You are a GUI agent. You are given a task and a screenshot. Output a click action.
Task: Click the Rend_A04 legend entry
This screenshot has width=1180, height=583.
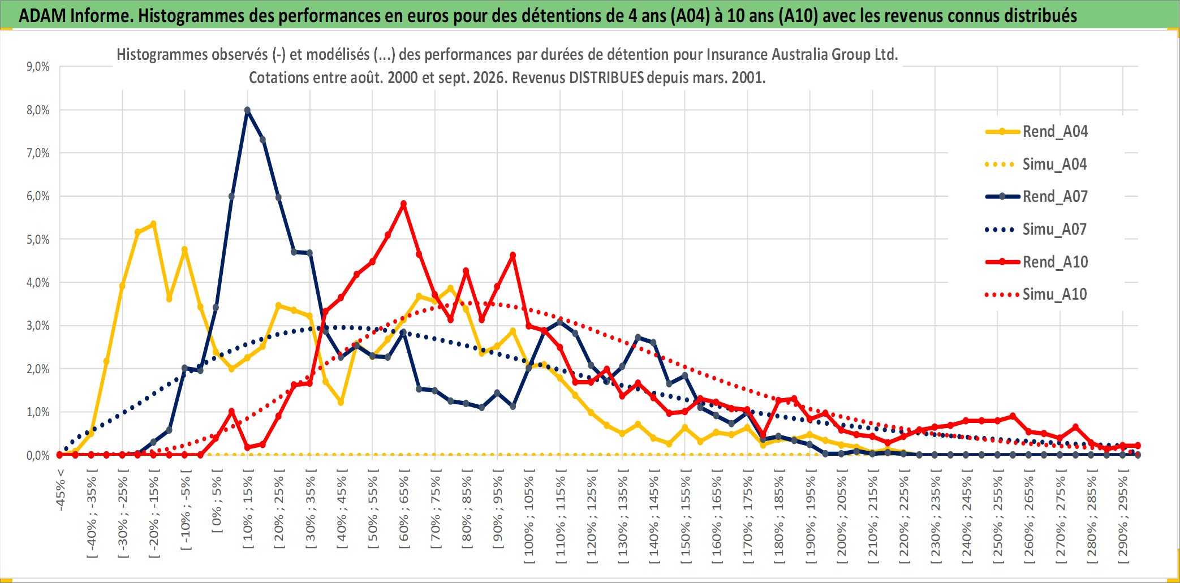point(1036,132)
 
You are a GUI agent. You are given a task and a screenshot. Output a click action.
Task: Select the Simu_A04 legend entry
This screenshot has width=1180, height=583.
point(1036,165)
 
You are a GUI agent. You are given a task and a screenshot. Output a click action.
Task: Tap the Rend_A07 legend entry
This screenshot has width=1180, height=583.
point(1036,197)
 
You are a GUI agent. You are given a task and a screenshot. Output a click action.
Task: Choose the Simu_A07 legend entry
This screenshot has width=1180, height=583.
point(1036,230)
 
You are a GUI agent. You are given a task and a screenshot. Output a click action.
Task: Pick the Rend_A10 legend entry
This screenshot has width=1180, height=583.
point(1036,262)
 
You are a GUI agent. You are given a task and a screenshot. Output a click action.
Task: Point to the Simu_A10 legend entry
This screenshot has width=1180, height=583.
point(1036,295)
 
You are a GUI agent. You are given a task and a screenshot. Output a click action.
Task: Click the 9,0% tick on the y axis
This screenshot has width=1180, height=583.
point(38,67)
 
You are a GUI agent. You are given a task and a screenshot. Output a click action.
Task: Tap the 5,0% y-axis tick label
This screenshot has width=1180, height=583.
point(38,240)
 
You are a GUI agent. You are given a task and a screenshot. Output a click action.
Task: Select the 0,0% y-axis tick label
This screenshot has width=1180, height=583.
point(38,456)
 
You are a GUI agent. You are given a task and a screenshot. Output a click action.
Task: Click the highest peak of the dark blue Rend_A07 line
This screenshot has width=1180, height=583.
point(247,110)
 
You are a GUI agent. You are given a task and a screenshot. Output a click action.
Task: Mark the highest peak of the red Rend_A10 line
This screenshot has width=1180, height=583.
point(403,204)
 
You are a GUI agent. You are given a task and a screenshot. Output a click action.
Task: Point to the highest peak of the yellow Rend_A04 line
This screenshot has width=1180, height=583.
point(153,224)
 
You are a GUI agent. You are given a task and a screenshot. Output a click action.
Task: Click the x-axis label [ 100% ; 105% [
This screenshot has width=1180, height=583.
point(529,520)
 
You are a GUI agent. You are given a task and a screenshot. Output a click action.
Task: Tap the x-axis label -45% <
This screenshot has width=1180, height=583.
point(61,490)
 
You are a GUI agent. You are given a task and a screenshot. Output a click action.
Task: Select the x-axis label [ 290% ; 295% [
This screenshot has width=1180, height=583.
point(1123,520)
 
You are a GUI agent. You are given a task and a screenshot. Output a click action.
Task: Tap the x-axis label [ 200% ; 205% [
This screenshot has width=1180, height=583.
point(842,520)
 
